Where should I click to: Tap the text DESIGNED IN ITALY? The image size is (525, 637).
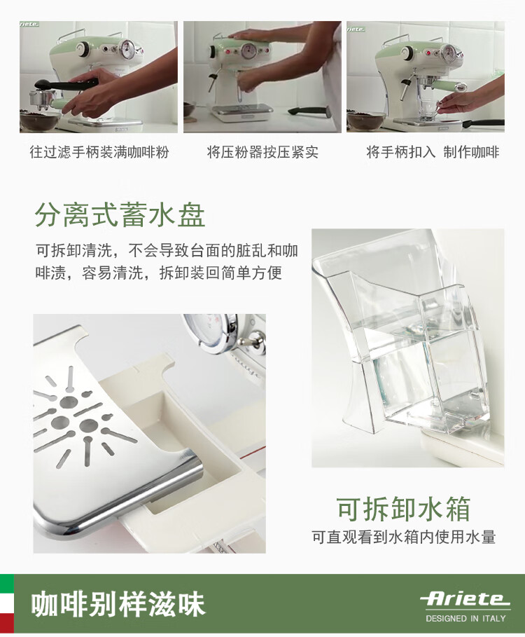pyautogui.click(x=465, y=619)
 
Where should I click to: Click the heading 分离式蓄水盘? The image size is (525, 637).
pyautogui.click(x=120, y=215)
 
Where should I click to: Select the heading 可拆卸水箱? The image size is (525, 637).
pyautogui.click(x=404, y=509)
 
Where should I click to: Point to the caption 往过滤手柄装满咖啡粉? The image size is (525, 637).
pyautogui.click(x=99, y=152)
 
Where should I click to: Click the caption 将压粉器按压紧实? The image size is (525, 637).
pyautogui.click(x=262, y=152)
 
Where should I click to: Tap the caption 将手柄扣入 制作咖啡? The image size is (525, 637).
pyautogui.click(x=433, y=152)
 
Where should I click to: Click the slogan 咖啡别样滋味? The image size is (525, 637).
pyautogui.click(x=118, y=605)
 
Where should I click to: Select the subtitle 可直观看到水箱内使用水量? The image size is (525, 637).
pyautogui.click(x=404, y=537)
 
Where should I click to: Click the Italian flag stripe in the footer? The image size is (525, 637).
pyautogui.click(x=7, y=604)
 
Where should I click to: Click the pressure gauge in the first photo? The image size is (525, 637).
pyautogui.click(x=128, y=48)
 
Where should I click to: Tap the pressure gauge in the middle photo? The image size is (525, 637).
pyautogui.click(x=248, y=50)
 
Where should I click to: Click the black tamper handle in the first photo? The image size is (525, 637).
pyautogui.click(x=67, y=85)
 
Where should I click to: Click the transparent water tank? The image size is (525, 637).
pyautogui.click(x=406, y=345)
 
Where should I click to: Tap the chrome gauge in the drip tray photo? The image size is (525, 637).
pyautogui.click(x=211, y=331)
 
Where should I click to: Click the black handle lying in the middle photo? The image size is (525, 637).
pyautogui.click(x=308, y=111)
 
